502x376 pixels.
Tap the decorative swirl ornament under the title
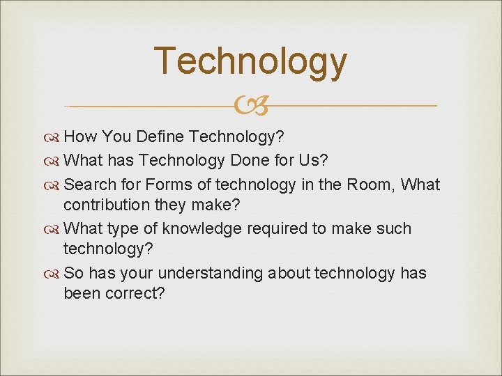tap(250, 107)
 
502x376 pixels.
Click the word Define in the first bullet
tap(163, 136)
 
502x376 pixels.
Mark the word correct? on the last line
tap(135, 293)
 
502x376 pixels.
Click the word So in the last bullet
tap(73, 273)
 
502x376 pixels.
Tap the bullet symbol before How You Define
tap(54, 137)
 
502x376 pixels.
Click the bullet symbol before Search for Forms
tap(54, 185)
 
